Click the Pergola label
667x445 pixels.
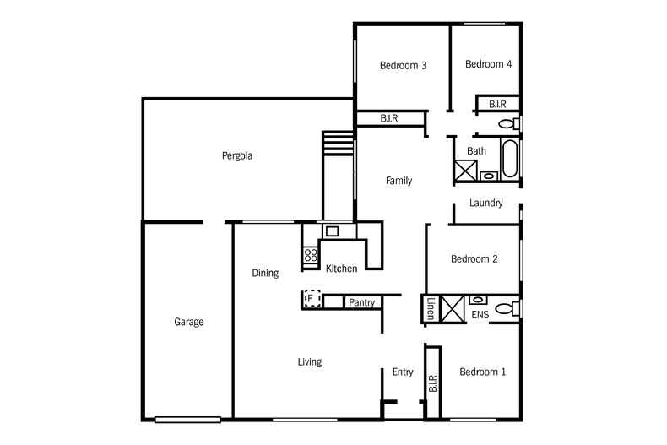coord(237,156)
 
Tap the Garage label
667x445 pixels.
coord(188,322)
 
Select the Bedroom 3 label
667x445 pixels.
coord(403,66)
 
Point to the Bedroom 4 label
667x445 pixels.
coord(488,64)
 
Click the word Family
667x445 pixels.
coord(399,181)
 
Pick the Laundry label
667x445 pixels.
coord(485,203)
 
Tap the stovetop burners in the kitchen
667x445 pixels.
coord(311,255)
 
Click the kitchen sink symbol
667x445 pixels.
coord(332,231)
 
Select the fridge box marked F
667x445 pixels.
coord(312,299)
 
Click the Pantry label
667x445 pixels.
coord(361,302)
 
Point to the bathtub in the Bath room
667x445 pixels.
coord(510,158)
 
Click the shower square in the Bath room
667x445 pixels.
coord(466,171)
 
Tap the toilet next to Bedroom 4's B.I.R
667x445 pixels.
coord(509,124)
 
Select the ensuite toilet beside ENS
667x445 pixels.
coord(507,308)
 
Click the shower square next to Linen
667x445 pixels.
coord(453,309)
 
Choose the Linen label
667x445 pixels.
coord(431,308)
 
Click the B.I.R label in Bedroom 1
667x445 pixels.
coord(432,383)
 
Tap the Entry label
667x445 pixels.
coord(403,372)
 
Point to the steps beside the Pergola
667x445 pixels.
coord(339,144)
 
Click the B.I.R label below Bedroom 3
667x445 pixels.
coord(388,118)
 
